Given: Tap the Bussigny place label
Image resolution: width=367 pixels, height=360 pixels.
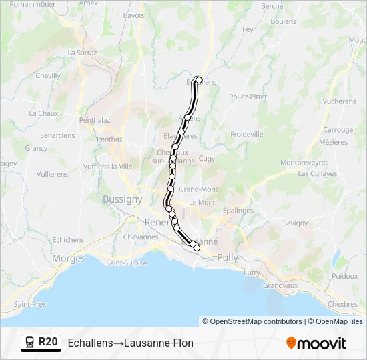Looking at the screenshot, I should click(122, 199).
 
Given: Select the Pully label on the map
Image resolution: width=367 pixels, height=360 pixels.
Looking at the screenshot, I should click(228, 257).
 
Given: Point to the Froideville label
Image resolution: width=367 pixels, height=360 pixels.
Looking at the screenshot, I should click(247, 134).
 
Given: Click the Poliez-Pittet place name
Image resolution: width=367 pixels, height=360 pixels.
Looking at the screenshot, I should click(248, 97).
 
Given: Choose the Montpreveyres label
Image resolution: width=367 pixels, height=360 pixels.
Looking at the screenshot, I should click(304, 162).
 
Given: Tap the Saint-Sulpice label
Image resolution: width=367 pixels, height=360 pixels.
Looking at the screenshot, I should click(126, 263).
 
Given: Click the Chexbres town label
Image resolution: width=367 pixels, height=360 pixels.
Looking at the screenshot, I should click(343, 304).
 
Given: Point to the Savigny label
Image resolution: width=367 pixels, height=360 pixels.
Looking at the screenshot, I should click(295, 223).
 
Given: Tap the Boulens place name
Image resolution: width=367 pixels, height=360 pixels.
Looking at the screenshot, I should click(284, 21).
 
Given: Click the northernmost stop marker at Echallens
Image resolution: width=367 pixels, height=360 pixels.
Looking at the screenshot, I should click(198, 80).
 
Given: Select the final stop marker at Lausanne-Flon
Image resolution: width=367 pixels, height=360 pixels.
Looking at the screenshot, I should click(196, 248).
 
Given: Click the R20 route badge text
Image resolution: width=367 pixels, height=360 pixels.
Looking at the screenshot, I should click(48, 343).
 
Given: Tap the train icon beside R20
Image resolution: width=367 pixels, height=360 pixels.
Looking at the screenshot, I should click(30, 343).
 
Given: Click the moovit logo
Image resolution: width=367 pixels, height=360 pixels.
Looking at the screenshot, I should click(316, 343).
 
